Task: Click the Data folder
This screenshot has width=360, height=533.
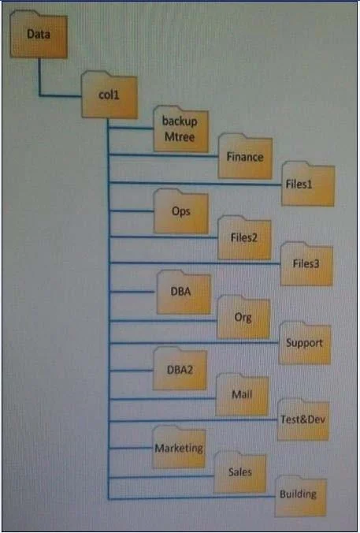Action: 39,34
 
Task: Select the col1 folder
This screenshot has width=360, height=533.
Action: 109,95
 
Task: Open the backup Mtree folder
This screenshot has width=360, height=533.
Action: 180,129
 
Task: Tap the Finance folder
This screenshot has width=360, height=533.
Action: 245,156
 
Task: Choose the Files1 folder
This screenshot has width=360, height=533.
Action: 308,184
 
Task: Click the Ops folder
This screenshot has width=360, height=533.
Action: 180,211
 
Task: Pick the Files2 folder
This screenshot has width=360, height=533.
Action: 244,237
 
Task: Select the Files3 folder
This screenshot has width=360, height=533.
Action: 306,264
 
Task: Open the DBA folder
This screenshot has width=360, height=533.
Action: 184,292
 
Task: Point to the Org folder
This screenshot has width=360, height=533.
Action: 243,317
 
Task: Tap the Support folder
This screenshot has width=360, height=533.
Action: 305,343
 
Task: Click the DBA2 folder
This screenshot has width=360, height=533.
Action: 180,369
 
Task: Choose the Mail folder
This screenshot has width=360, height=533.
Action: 242,395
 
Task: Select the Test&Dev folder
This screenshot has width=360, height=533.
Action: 303,419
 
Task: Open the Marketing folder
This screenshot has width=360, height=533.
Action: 179,447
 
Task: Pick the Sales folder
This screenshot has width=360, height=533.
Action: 239,472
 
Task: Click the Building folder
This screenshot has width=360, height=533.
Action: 301,496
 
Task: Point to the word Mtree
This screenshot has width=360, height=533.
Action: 180,137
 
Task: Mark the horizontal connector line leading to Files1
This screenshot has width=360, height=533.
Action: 195,184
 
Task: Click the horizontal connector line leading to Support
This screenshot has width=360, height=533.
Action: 195,343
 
